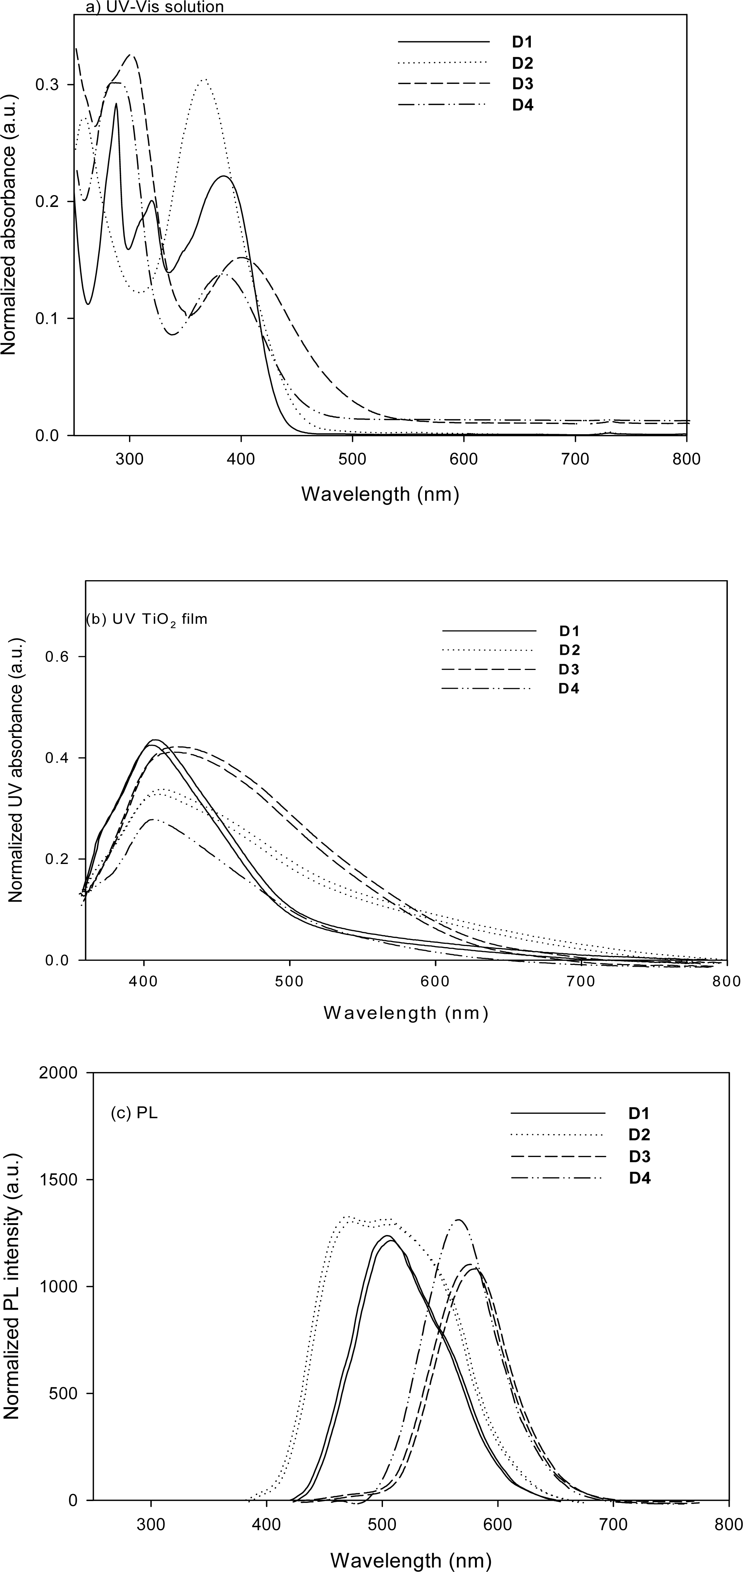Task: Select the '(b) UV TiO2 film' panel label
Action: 146,619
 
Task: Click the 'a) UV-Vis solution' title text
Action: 149,7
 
